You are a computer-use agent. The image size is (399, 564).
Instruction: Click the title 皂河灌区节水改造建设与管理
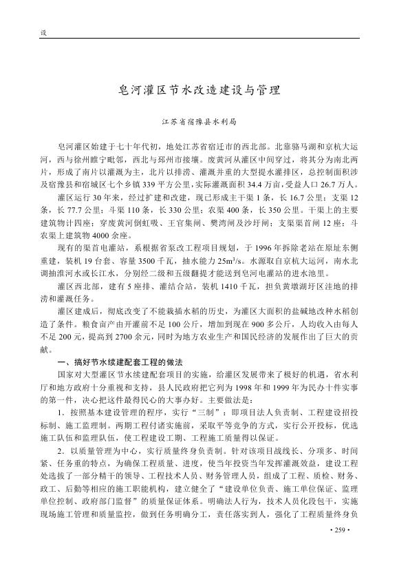tap(199, 90)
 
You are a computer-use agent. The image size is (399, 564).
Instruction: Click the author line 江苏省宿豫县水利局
tap(199, 121)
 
